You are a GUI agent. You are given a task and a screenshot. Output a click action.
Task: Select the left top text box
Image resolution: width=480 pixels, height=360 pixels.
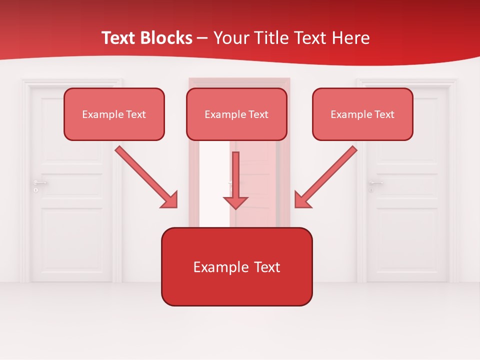pos(114,114)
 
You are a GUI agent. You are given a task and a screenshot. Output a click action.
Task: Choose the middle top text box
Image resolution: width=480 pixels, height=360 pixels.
pos(236,114)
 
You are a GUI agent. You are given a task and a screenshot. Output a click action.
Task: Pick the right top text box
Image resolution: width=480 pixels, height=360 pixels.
pos(362,114)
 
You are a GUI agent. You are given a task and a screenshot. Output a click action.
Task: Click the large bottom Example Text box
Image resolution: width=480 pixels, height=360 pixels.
pos(236,266)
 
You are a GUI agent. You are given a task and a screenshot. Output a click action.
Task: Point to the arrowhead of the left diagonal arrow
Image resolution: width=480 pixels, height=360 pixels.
pos(170,200)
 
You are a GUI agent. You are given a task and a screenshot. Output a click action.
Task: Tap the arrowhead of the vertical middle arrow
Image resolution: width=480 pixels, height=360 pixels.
pos(235,202)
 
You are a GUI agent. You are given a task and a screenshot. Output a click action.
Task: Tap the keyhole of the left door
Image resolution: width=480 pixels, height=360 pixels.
pos(35,190)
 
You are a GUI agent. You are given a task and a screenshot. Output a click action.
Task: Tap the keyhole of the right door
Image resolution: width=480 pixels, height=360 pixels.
pos(371,190)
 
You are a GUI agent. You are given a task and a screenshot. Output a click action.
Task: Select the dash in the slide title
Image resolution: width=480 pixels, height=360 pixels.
pos(202,38)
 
